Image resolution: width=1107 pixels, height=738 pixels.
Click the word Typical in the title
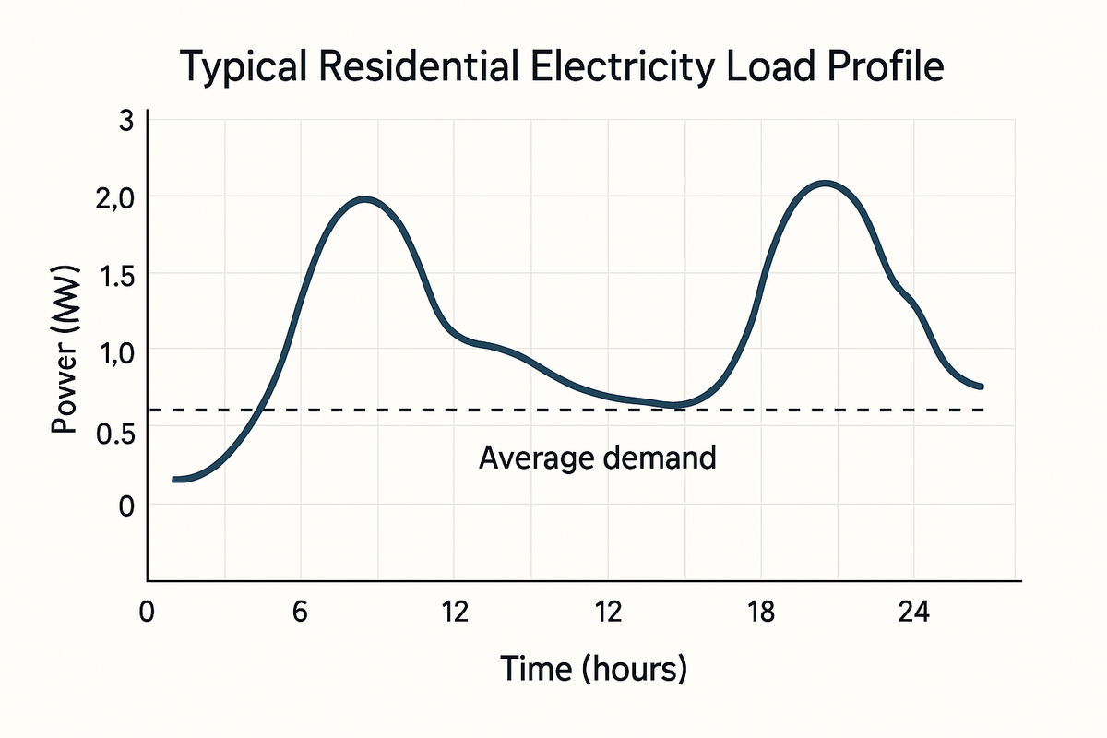point(236,70)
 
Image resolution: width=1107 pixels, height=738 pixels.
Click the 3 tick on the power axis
point(126,120)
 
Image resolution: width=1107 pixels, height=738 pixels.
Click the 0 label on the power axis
point(126,506)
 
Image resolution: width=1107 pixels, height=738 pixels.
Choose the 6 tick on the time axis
point(300,613)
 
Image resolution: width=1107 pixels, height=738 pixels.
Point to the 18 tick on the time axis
point(760,613)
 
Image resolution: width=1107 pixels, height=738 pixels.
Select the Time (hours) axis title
point(593,668)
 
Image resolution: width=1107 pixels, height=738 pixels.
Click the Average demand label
point(597,458)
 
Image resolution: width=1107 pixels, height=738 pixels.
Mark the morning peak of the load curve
point(365,199)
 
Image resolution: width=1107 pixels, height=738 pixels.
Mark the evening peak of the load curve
point(824,184)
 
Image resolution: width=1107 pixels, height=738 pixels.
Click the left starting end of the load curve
point(174,479)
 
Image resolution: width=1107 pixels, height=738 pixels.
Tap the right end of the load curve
point(981,386)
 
